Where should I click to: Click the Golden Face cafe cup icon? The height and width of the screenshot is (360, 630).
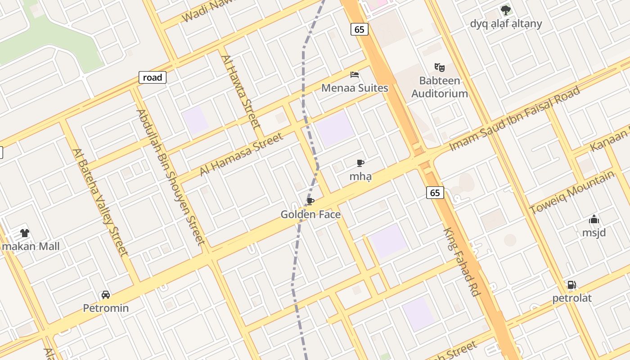click(310, 201)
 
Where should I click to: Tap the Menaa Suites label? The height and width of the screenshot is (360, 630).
click(355, 88)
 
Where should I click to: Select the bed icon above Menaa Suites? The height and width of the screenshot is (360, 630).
click(355, 74)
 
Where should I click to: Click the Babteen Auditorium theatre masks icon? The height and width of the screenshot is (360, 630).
click(440, 67)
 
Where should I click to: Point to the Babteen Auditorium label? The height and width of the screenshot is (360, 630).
click(440, 87)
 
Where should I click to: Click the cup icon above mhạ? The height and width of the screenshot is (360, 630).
click(360, 163)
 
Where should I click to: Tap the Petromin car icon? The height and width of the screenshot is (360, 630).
click(106, 295)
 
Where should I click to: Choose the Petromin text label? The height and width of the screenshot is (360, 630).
click(106, 308)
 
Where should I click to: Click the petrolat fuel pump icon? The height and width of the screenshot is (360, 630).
click(571, 285)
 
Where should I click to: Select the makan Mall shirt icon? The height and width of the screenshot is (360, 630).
click(24, 233)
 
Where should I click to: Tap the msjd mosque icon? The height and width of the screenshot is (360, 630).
click(594, 220)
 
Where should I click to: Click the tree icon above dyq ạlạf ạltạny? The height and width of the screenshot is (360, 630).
click(506, 10)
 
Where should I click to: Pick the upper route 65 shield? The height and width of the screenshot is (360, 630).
click(359, 29)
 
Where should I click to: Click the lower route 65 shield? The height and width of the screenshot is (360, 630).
click(435, 193)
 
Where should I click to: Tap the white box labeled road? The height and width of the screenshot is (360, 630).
click(152, 77)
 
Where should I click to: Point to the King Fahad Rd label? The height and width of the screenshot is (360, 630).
click(461, 262)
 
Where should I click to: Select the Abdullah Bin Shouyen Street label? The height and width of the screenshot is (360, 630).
click(171, 177)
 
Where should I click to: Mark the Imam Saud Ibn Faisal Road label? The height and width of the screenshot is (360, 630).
click(515, 118)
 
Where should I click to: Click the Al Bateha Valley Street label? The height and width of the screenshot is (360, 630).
click(100, 202)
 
